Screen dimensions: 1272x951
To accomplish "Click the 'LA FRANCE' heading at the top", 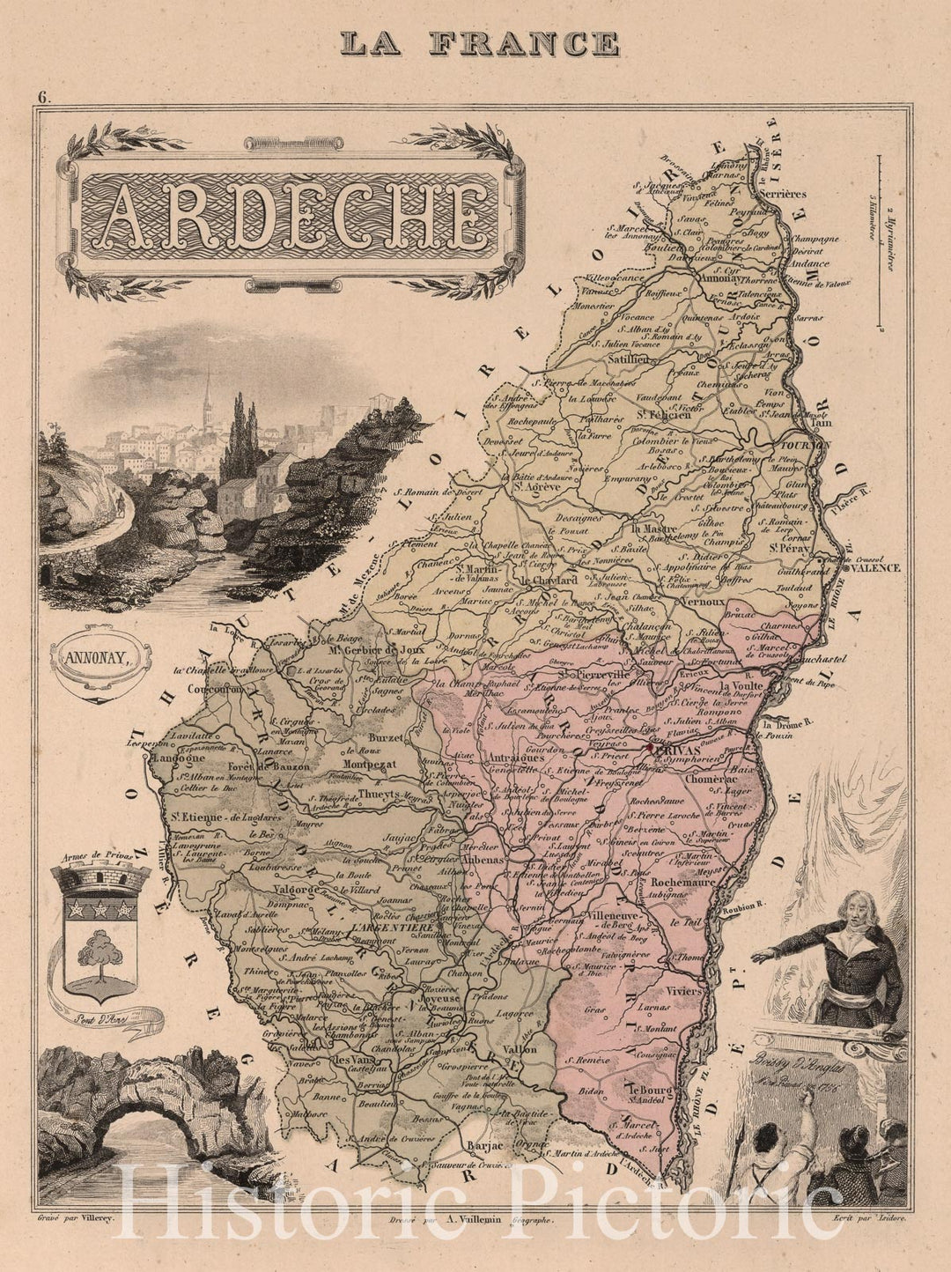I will (480, 43).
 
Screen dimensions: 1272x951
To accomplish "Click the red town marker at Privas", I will (650, 747).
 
